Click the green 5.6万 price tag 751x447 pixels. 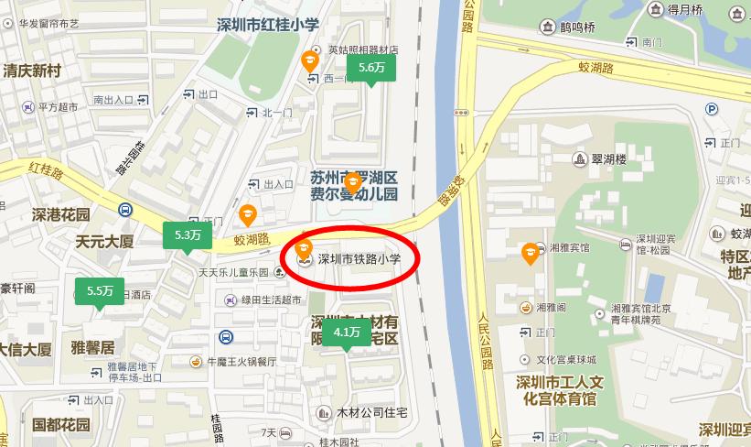371,68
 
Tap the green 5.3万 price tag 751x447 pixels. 188,235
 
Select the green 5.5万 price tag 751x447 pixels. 100,291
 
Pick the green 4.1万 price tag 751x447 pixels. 347,332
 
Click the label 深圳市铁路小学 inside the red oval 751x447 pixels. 359,259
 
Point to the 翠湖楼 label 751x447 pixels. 608,159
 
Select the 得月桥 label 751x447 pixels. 683,10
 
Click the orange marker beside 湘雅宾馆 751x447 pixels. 529,253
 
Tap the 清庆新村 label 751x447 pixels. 31,71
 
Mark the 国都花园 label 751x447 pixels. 61,425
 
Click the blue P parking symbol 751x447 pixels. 712,109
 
